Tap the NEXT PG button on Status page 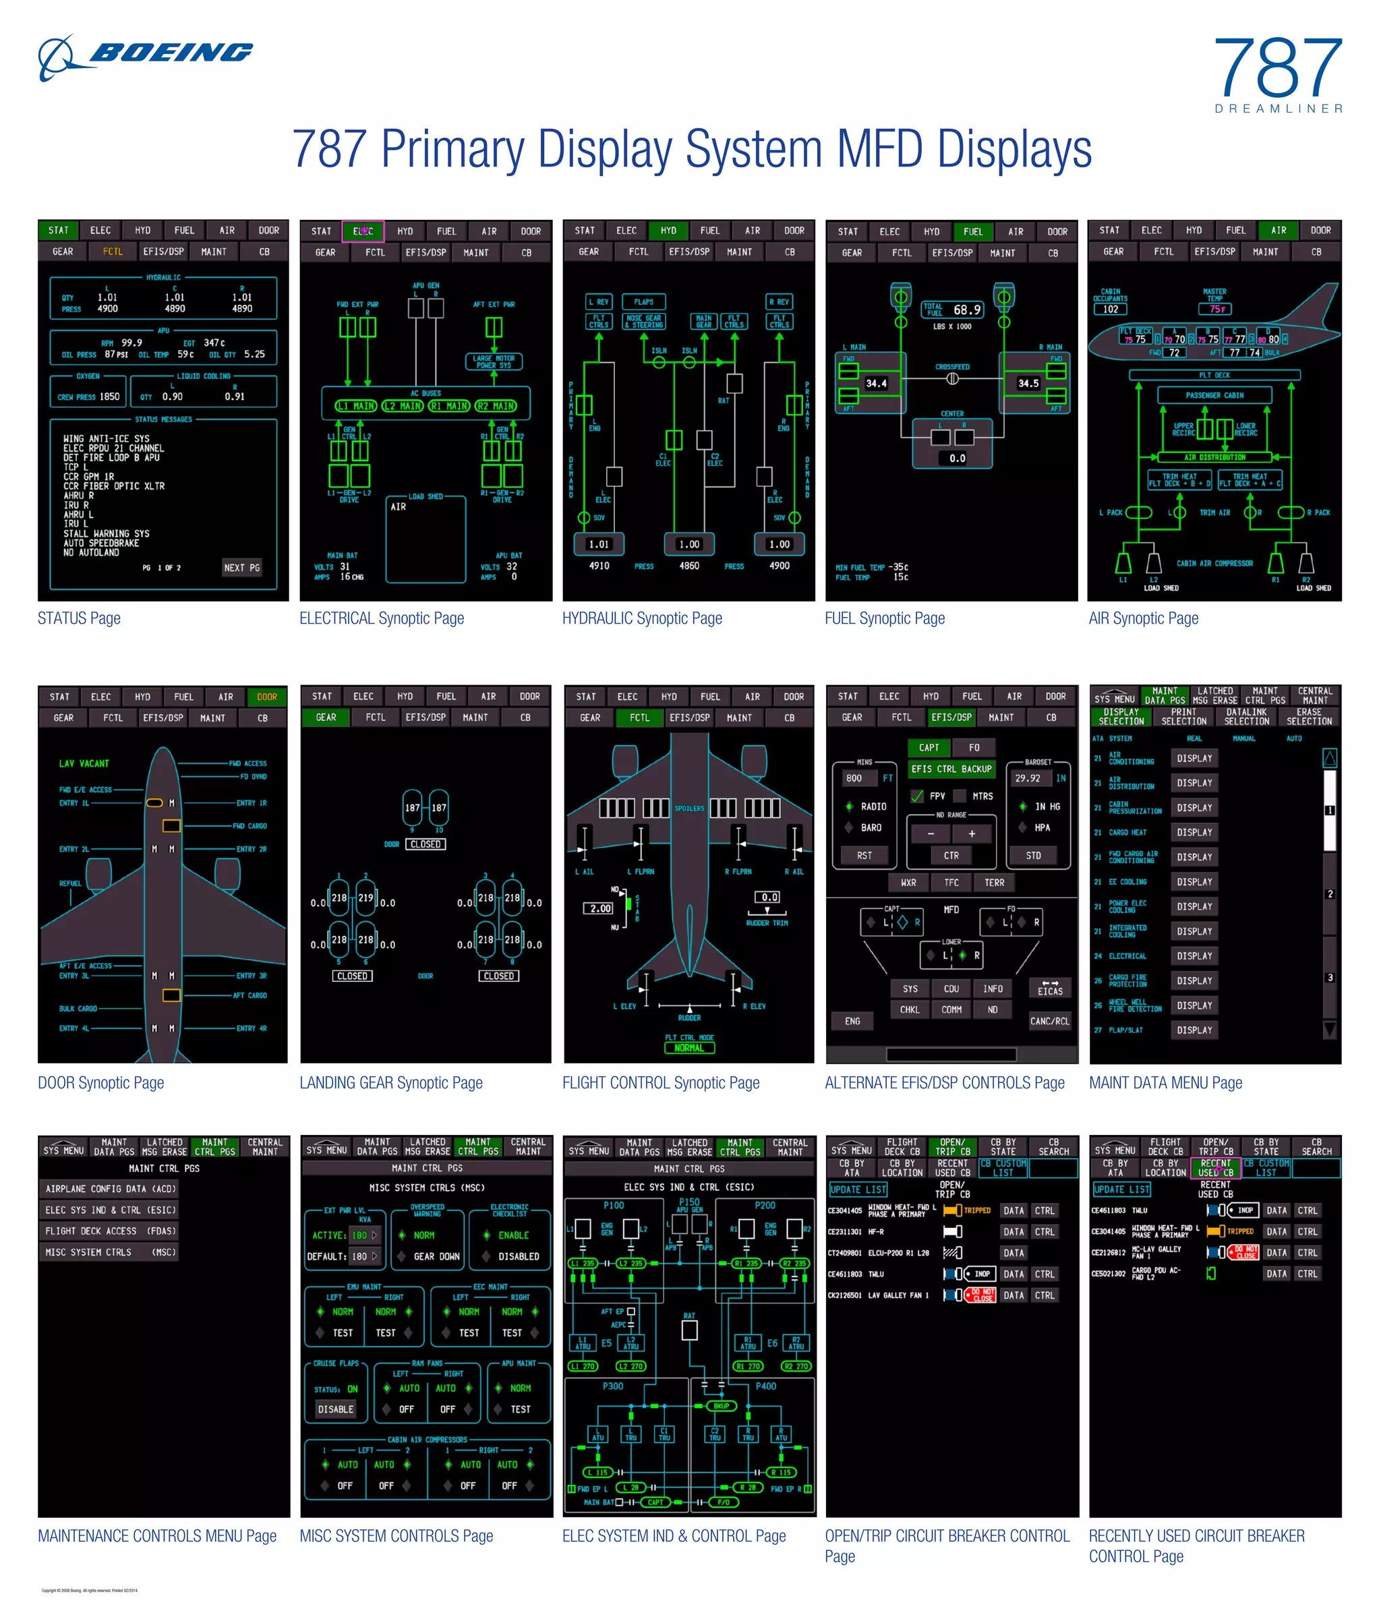click(x=242, y=568)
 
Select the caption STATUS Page click(x=80, y=618)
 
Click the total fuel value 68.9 click(x=966, y=310)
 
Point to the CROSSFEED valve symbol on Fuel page click(x=951, y=379)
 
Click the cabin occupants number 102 click(x=1111, y=310)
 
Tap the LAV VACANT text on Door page click(x=84, y=763)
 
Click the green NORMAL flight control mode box click(x=689, y=1047)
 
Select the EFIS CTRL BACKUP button click(x=951, y=769)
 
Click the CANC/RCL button click(x=1049, y=1021)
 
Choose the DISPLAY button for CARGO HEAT click(x=1194, y=832)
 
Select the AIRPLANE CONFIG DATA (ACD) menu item click(x=111, y=1189)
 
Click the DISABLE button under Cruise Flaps click(x=335, y=1409)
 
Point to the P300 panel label click(x=613, y=1386)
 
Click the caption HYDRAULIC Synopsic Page click(x=641, y=618)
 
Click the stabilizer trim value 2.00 click(x=599, y=908)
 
